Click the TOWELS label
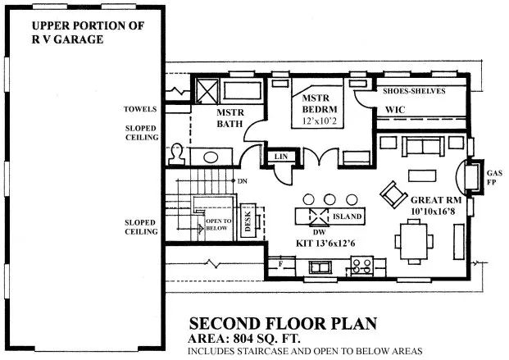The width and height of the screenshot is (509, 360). coord(140,108)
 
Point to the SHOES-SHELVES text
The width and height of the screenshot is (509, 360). coord(415,91)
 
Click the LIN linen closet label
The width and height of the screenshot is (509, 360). coord(280,155)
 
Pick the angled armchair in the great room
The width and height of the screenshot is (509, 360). coord(392,194)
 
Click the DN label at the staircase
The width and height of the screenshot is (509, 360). coord(241,180)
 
